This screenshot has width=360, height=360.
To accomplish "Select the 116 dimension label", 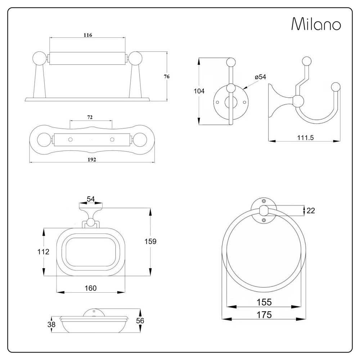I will tap(87, 35).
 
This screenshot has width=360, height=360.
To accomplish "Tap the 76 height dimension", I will tap(166, 76).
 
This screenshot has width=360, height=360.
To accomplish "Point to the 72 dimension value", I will tap(90, 118).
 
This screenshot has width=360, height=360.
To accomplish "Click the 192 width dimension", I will tap(91, 159).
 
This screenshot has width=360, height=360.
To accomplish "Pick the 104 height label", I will tap(199, 91).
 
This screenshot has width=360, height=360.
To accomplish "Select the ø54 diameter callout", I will tap(260, 77).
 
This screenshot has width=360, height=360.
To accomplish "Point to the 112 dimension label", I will tap(43, 252).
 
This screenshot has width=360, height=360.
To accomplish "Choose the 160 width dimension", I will tap(90, 288).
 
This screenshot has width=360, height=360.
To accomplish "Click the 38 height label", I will tap(51, 324).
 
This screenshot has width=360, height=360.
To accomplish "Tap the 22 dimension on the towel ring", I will tap(311, 211).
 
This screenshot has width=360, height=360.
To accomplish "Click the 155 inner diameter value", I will tap(264, 302).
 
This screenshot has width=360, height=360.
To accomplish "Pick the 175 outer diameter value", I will tap(264, 314).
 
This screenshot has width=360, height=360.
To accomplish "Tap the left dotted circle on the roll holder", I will tap(71, 139).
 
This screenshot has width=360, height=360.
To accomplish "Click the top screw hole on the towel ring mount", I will tap(264, 201).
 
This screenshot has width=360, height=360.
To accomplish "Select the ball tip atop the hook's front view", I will tap(231, 62).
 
